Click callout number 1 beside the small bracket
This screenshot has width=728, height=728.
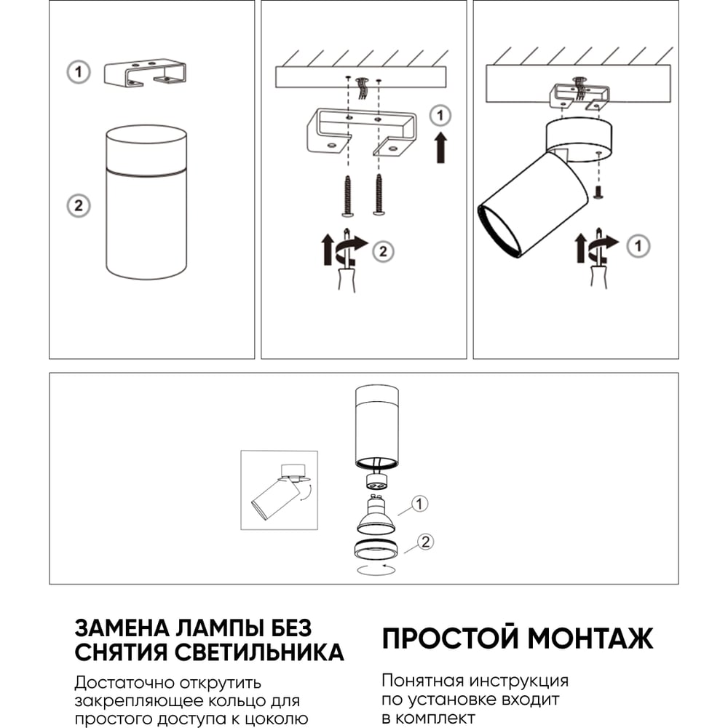click(x=78, y=72)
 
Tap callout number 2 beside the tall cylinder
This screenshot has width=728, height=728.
click(x=78, y=206)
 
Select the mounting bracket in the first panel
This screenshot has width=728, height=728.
click(x=145, y=74)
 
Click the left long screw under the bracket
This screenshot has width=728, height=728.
click(x=348, y=195)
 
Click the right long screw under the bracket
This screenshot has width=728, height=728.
click(x=379, y=195)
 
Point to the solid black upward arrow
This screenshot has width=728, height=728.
click(x=441, y=148)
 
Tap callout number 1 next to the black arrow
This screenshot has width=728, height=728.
click(x=440, y=115)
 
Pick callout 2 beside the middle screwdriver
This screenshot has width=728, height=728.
click(x=383, y=252)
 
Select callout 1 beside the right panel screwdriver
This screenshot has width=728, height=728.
click(x=638, y=246)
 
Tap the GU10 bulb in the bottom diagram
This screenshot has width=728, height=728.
click(x=376, y=515)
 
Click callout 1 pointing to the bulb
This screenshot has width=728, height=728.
click(x=420, y=504)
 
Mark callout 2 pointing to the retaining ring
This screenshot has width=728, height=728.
click(x=425, y=542)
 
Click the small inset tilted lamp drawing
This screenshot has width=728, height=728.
click(x=279, y=490)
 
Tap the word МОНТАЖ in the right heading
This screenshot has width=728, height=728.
click(x=590, y=638)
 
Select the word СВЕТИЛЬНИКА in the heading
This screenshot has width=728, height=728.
click(x=259, y=652)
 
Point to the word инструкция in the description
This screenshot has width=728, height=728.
click(x=518, y=681)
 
